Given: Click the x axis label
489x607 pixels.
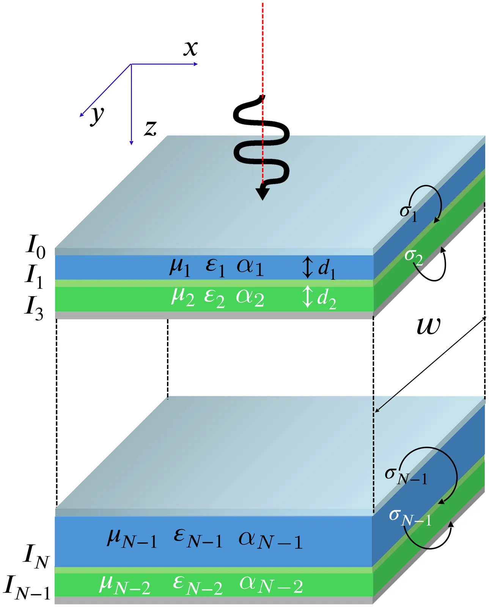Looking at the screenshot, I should (190, 49).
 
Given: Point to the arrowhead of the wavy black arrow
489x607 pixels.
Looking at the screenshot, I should (262, 192).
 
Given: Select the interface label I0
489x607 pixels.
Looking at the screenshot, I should (35, 247).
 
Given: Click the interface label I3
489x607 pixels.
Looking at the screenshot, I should (34, 308).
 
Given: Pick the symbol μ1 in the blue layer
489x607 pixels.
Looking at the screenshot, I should (179, 266).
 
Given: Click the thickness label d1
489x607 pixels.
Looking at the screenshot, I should (327, 269).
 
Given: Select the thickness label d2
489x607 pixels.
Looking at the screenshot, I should (326, 298).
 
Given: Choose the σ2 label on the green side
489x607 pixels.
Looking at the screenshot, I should (413, 256).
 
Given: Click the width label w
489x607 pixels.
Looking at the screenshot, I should (429, 326).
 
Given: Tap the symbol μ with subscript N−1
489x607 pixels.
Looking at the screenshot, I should (132, 539).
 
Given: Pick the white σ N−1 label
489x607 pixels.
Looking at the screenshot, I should (410, 517).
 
